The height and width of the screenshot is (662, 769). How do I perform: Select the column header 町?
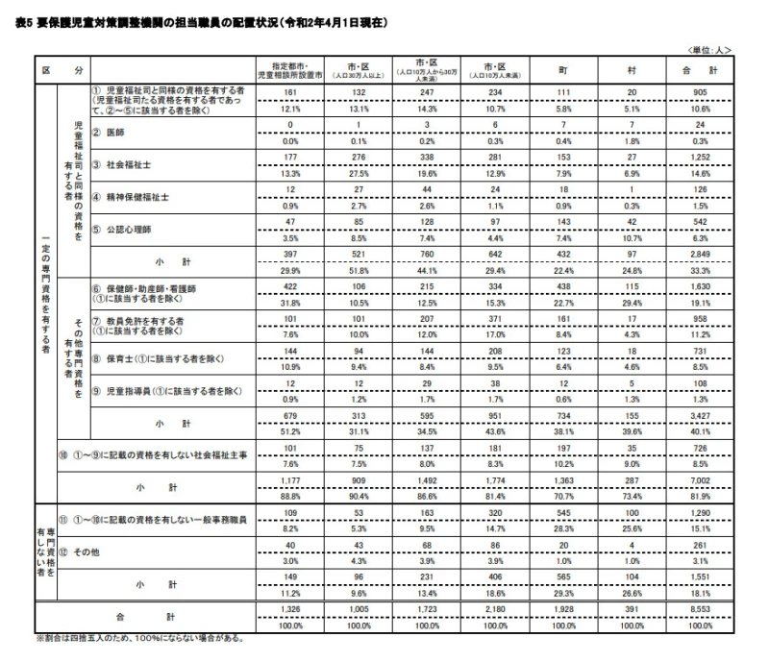(x=560, y=71)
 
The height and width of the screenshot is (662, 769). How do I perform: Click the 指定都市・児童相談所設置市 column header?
(x=289, y=71)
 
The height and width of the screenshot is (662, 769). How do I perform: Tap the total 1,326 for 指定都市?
(x=289, y=611)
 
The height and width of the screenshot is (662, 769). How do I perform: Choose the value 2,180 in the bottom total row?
(x=492, y=611)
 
